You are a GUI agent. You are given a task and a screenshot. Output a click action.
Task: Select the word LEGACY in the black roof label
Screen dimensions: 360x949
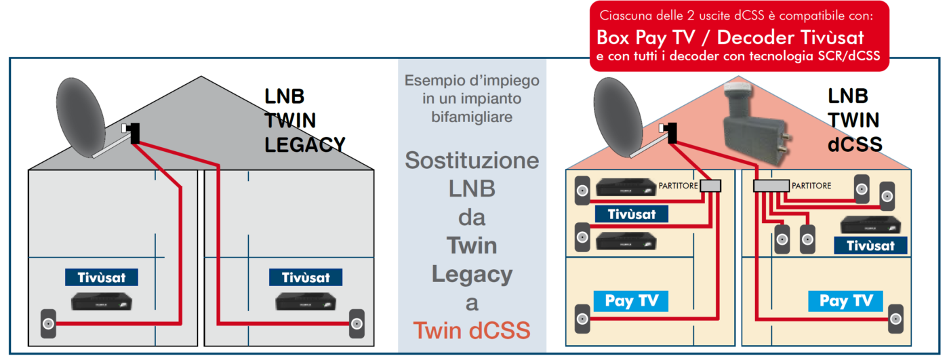tap(305, 144)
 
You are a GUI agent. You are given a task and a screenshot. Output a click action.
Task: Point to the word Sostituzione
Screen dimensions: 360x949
tap(472, 161)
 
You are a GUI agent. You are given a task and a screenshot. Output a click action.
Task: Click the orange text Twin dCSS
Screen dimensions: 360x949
tap(472, 332)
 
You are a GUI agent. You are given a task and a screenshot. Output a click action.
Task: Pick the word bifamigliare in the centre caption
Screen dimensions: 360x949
tap(472, 117)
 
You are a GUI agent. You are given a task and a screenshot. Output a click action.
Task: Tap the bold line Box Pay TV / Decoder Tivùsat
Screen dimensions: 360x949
tap(730, 37)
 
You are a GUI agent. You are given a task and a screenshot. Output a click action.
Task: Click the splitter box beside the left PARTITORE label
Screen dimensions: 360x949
tap(711, 186)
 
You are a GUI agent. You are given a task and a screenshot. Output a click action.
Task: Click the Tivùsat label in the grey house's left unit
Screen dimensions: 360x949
tap(101, 277)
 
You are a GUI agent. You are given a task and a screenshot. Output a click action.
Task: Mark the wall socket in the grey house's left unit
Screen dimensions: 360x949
tap(48, 324)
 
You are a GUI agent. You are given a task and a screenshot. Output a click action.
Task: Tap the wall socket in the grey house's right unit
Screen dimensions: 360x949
tap(357, 324)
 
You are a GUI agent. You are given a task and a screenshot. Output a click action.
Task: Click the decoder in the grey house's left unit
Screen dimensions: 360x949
tap(102, 302)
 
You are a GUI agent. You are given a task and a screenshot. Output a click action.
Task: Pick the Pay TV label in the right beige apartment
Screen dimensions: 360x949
tap(845, 300)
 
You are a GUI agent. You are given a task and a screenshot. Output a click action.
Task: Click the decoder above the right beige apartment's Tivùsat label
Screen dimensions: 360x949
tap(870, 224)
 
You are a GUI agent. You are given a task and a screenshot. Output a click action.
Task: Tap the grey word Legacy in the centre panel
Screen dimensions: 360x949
tap(472, 275)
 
